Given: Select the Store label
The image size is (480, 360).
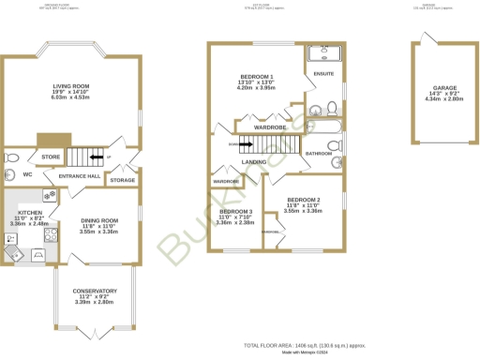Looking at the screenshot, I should point(51,157).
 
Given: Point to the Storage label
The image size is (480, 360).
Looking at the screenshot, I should point(123,180).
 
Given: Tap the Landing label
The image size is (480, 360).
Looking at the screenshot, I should point(253,162).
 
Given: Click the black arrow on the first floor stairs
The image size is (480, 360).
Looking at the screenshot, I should point(241,144).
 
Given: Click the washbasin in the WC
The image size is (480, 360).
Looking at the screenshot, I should point(10,175).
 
